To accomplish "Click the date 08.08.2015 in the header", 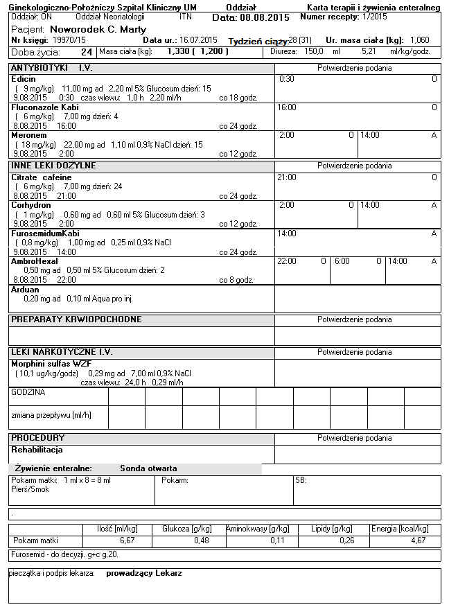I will point(261,17).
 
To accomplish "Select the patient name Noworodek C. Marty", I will point(98,29).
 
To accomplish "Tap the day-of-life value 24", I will point(87,52).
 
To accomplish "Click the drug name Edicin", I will point(24,79).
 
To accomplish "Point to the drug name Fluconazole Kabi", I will point(45,107).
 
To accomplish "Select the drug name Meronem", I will point(28,135).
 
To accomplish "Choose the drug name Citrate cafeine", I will point(41,177).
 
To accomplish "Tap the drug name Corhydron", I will point(31,205).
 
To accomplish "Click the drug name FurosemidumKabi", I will point(45,234).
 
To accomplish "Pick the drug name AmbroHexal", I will point(33,261).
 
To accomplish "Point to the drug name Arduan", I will point(24,289).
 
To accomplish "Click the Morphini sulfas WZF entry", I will point(52,363).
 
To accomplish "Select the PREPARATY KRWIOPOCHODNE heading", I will point(76,319).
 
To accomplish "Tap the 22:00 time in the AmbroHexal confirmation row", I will point(286,261).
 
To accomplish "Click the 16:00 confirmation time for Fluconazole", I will point(287,107).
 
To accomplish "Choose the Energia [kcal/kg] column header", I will point(403,529).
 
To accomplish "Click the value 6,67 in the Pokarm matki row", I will point(126,540).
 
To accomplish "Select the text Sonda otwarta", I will point(148,468).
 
